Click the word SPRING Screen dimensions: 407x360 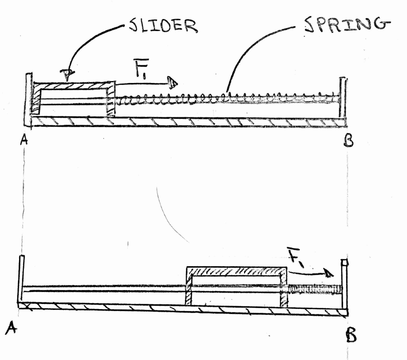click(347, 25)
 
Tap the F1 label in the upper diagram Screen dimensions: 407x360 click(141, 68)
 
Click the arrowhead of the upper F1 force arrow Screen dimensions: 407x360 click(172, 83)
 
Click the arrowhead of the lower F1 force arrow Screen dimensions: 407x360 click(329, 273)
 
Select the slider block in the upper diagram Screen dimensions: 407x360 click(73, 99)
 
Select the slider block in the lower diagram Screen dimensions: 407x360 click(236, 286)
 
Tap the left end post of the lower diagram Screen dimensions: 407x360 click(21, 279)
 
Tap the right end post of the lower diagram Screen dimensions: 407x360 click(345, 283)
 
